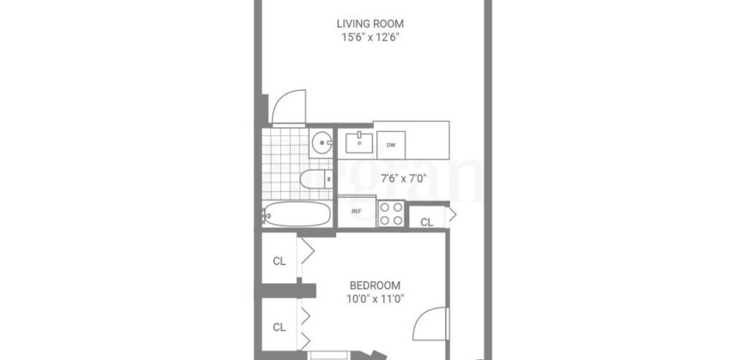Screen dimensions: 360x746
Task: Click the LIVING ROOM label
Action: [370, 23]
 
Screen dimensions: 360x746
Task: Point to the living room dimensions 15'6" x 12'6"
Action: [370, 38]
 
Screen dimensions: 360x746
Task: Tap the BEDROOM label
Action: [374, 285]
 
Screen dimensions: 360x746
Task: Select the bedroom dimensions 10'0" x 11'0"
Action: [374, 298]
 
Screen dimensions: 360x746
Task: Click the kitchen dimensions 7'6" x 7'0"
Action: [403, 179]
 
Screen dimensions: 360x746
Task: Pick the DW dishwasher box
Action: [391, 145]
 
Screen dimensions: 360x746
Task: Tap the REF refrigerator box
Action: [356, 211]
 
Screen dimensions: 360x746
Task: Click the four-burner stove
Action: [391, 213]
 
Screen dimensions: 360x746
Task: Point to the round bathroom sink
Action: [322, 143]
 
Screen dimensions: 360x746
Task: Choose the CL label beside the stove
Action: [426, 222]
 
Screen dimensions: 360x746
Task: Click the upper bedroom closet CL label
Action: [279, 261]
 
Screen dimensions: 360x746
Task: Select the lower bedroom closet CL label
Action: [279, 327]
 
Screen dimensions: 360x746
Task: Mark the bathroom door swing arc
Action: [286, 106]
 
